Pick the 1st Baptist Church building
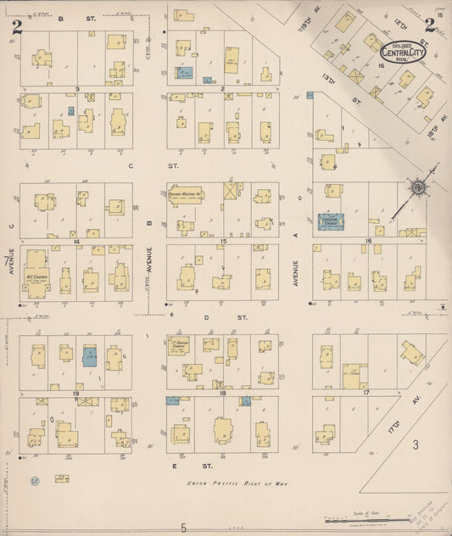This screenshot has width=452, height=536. click(x=179, y=345)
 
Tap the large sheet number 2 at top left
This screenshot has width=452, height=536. click(x=16, y=25)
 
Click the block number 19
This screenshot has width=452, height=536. click(x=75, y=394)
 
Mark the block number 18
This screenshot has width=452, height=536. click(x=222, y=394)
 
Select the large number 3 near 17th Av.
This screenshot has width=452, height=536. click(x=416, y=444)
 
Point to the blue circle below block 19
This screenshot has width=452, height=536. click(x=34, y=480)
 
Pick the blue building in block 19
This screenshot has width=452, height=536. click(x=90, y=357)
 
